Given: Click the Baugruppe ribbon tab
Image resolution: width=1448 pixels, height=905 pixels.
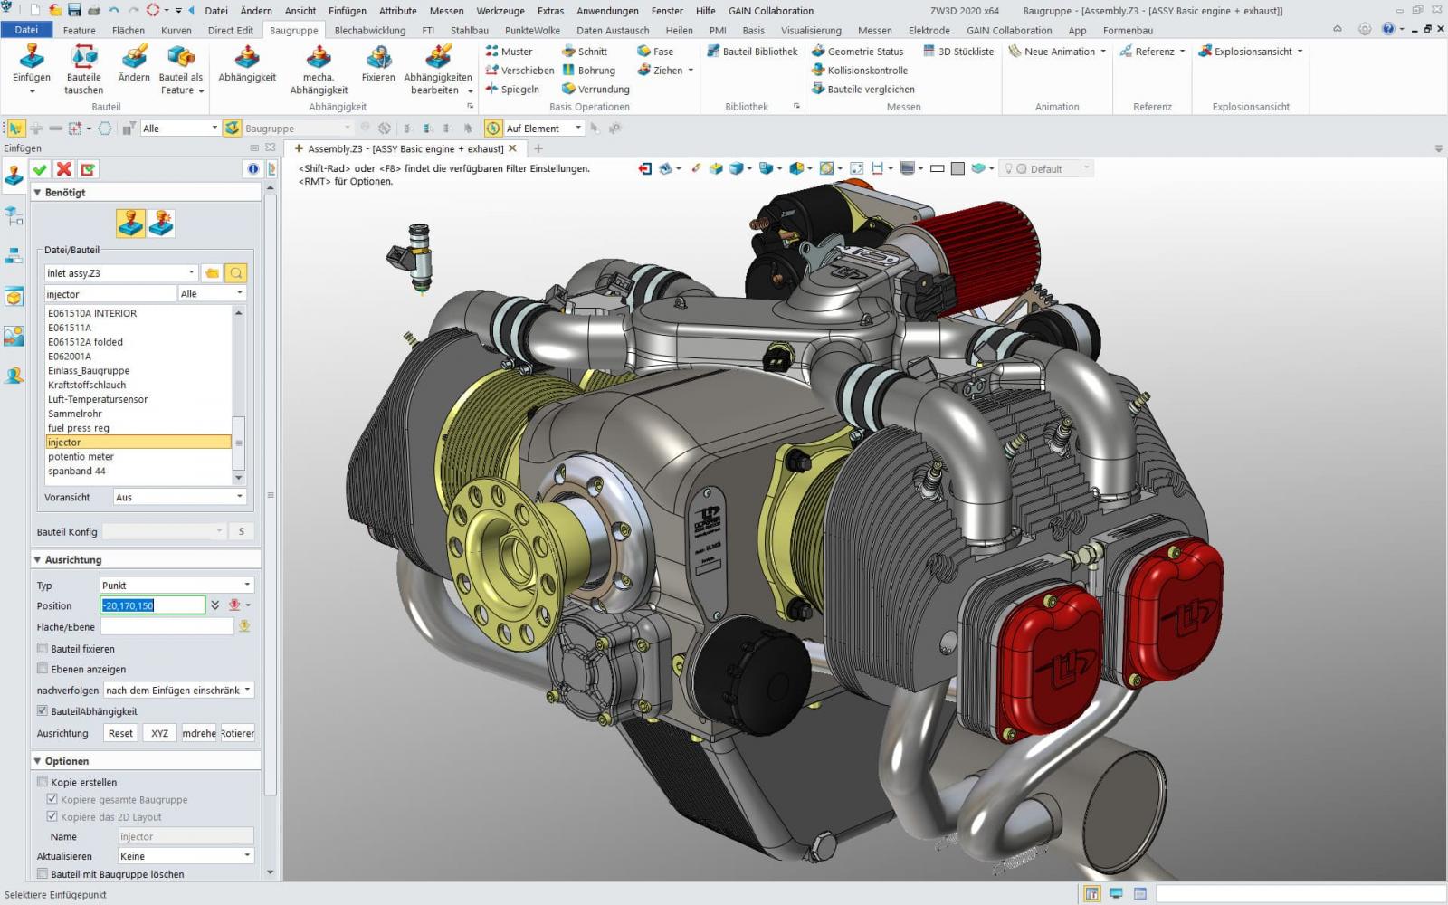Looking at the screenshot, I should click(293, 30).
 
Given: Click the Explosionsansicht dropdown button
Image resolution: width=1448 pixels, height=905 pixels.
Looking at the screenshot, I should click(1252, 52).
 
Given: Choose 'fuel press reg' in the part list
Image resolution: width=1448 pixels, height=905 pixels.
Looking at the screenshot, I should click(79, 428).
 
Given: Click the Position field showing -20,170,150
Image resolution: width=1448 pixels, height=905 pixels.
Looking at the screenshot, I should click(152, 605).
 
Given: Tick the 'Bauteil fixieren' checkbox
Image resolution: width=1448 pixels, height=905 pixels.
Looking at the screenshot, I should click(43, 649).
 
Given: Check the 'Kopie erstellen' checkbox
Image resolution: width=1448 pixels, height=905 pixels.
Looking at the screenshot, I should click(43, 782).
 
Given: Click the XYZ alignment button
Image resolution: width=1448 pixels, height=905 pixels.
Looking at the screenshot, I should click(159, 733).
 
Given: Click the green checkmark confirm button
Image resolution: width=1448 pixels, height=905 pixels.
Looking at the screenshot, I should click(40, 169).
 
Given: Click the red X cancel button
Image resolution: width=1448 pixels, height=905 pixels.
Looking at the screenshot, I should click(63, 169).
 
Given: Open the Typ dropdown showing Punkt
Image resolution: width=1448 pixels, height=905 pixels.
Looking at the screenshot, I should click(176, 586).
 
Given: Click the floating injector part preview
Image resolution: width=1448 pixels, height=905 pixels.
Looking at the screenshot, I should click(413, 257).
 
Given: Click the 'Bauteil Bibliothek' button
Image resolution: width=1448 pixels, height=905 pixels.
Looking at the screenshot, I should click(752, 52).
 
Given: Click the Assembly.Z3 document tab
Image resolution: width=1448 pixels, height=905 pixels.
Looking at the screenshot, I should click(404, 148).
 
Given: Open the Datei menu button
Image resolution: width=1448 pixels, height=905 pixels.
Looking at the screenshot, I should click(26, 30).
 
